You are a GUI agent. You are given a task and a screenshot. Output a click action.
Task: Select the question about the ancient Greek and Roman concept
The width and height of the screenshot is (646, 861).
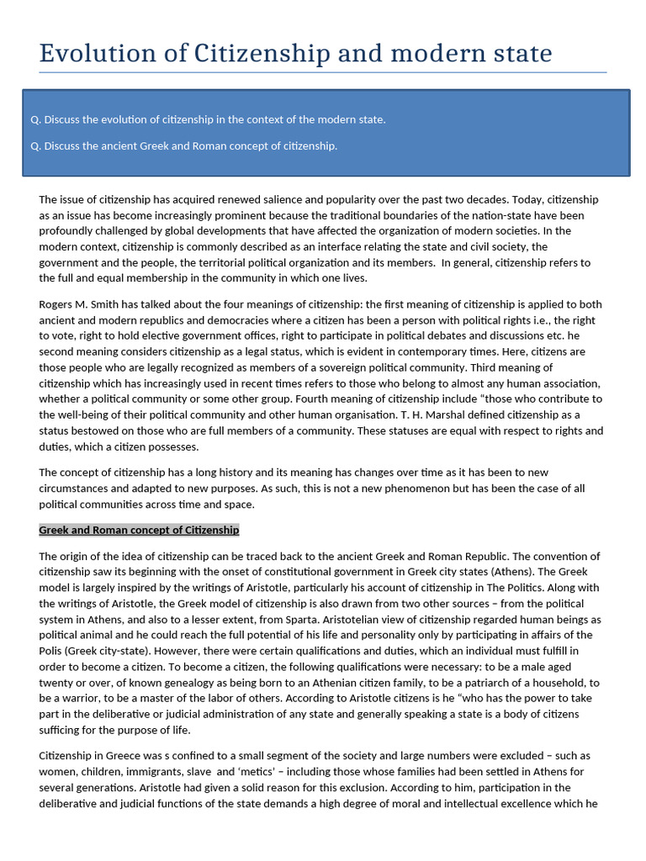pyautogui.click(x=183, y=145)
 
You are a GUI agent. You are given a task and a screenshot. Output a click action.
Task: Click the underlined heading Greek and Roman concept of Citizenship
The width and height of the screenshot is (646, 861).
pyautogui.click(x=139, y=531)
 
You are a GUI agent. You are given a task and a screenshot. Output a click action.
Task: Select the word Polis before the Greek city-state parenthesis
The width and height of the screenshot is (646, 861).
pyautogui.click(x=52, y=651)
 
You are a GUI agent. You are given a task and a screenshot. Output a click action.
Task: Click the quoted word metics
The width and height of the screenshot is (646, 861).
pyautogui.click(x=252, y=772)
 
